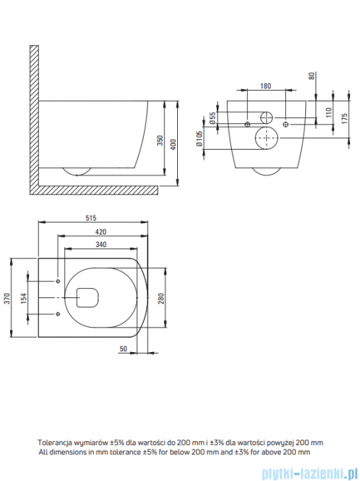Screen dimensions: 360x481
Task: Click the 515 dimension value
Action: point(91,217)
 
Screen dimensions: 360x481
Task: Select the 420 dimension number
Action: point(101,232)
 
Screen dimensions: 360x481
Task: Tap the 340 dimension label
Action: point(101,245)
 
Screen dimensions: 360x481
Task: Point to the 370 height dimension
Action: point(6,299)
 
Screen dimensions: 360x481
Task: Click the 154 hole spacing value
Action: point(24,299)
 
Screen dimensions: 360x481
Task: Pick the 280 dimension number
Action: point(161,299)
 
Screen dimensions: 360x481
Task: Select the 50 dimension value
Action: point(123,349)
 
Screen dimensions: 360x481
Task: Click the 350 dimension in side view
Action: point(160,140)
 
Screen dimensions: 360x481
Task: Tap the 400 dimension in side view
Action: point(174,145)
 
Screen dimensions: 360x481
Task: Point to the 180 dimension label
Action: point(266,86)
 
